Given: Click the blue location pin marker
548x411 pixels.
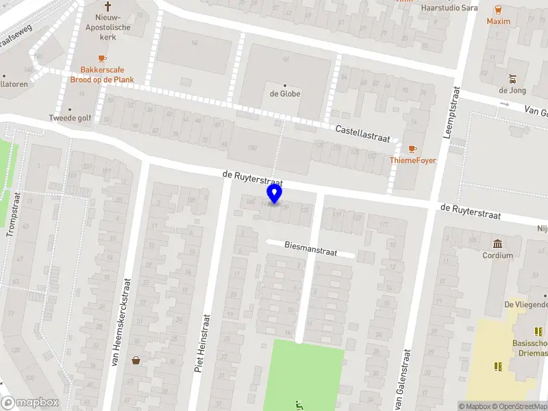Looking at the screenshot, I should pos(275,194).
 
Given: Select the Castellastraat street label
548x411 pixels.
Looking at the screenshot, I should pos(362,134).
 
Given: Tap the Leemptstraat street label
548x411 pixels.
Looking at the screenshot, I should pos(452,113).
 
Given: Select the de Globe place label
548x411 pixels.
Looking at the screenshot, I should pos(285,94).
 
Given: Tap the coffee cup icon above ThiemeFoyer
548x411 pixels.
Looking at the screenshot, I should pos(412,149).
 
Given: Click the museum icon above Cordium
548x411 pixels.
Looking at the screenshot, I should pos(497,244).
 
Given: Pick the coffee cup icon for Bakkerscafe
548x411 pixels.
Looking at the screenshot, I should pos(102,59).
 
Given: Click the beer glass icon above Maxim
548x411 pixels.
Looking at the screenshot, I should pos(498,10).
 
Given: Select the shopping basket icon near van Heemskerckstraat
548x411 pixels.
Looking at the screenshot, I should pos(136,360).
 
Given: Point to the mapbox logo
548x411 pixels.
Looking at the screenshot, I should pos(27,403).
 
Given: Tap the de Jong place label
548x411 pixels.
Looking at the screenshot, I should pos(512,90).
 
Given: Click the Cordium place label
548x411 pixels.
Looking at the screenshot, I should pos(497,256).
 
